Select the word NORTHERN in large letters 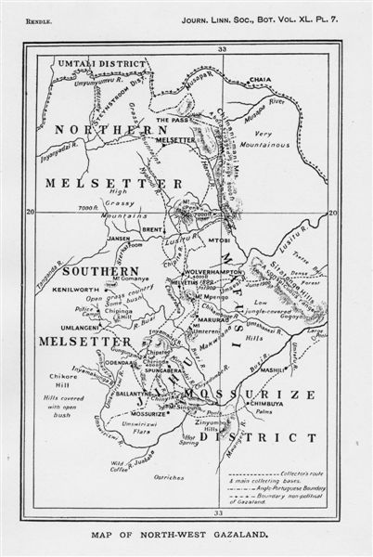click(x=101, y=131)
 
